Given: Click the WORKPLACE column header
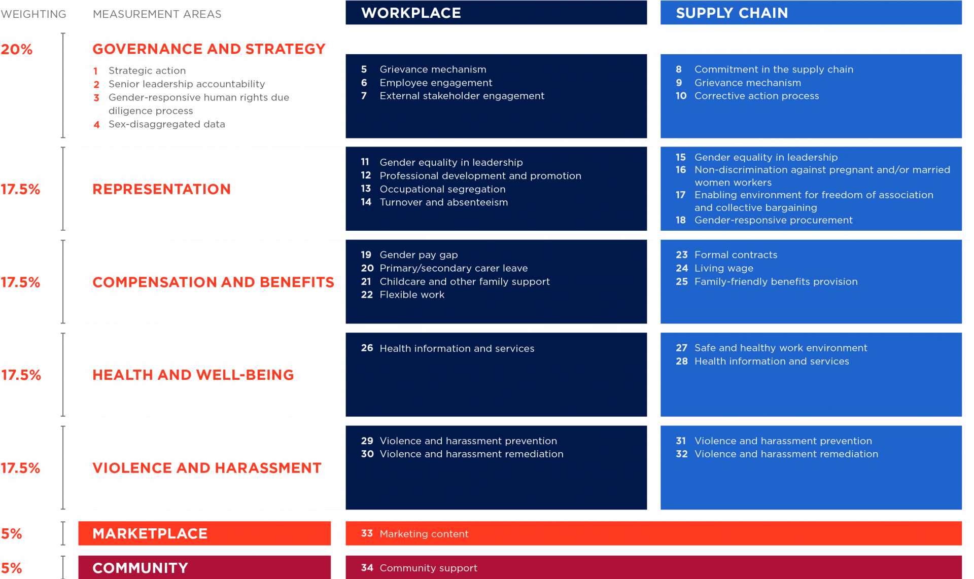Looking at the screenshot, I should [x=411, y=13].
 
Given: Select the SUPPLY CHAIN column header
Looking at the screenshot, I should [x=732, y=13].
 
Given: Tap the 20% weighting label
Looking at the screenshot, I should [x=17, y=49].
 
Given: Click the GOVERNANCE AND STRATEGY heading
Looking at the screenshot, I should [x=208, y=49].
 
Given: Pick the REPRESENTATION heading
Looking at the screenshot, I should [x=161, y=189].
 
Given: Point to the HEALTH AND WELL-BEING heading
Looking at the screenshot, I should [x=193, y=375].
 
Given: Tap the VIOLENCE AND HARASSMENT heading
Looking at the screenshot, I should [x=206, y=468].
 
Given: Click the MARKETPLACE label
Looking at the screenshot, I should [x=150, y=534].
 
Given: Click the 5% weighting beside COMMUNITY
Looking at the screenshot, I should [x=12, y=568].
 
